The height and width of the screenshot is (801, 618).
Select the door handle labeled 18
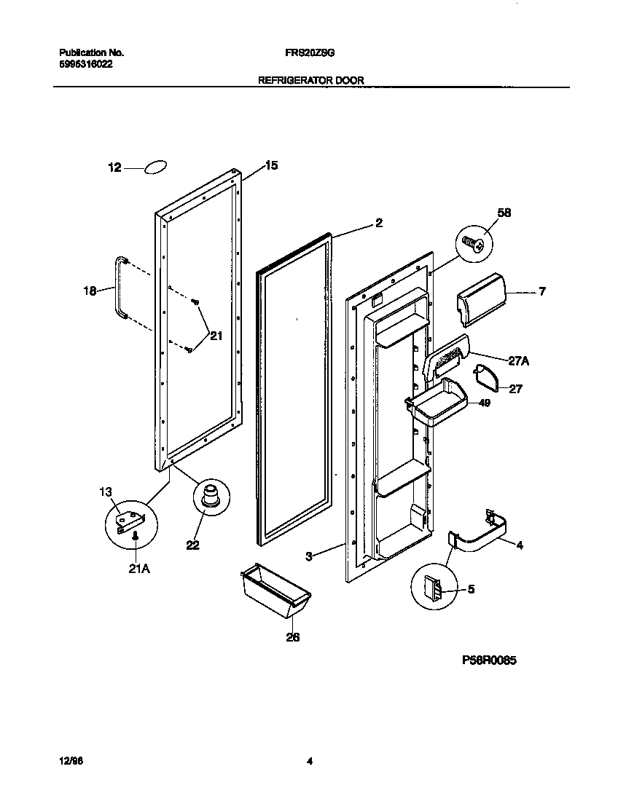click(117, 288)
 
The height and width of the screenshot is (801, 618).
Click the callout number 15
click(270, 166)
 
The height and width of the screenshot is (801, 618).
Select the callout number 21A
click(139, 569)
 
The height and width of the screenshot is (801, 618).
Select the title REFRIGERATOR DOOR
click(311, 80)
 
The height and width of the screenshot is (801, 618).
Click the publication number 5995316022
click(85, 64)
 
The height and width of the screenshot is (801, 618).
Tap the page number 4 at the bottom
click(310, 762)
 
